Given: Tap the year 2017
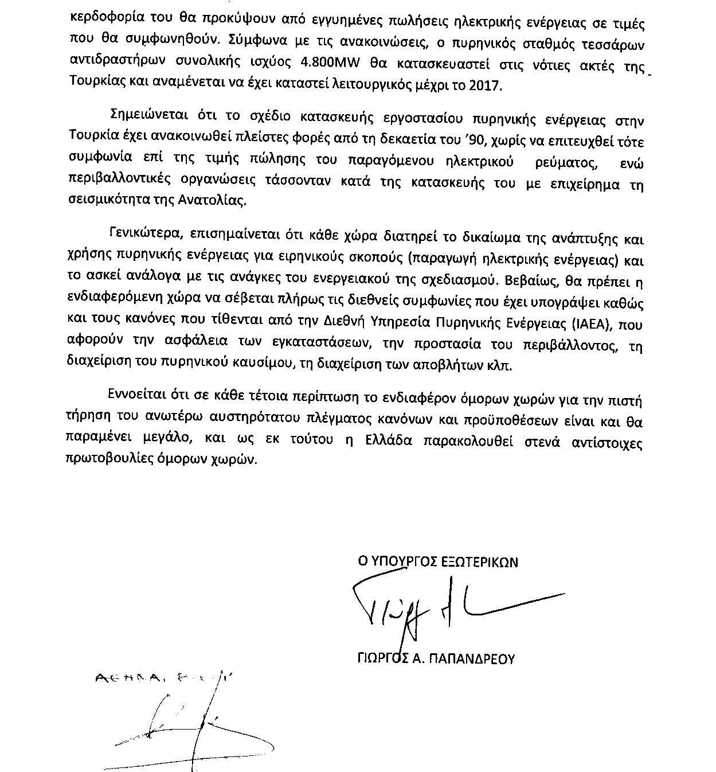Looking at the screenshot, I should [x=485, y=85].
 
